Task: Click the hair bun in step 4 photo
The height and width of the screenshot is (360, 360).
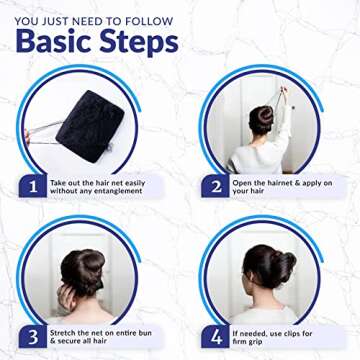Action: pyautogui.click(x=283, y=264)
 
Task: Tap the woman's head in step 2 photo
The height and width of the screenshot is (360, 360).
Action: pyautogui.click(x=261, y=119)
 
